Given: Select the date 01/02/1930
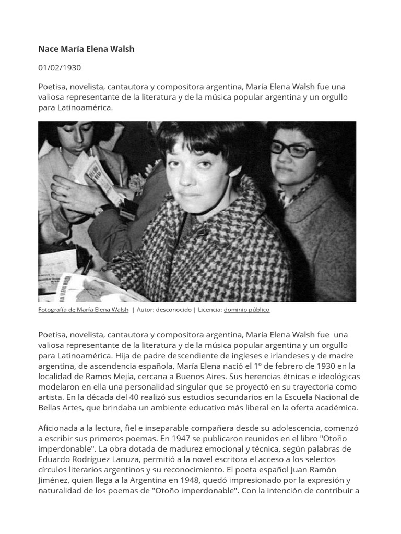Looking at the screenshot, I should pyautogui.click(x=60, y=68).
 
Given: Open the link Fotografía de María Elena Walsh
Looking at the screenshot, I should pyautogui.click(x=83, y=310).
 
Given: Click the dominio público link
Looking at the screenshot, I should pyautogui.click(x=246, y=310).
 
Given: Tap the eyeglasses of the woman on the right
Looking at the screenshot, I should pyautogui.click(x=294, y=150).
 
